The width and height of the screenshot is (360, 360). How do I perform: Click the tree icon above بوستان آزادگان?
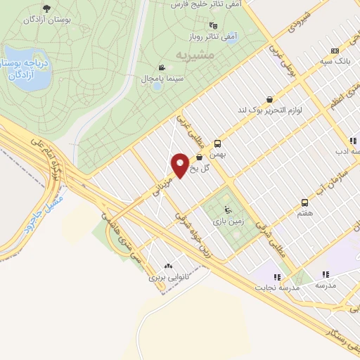[46, 8]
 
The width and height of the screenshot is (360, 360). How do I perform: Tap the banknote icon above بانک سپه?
[334, 51]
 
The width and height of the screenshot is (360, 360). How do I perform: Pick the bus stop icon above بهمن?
[218, 141]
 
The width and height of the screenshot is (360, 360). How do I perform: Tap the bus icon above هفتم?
[304, 202]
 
